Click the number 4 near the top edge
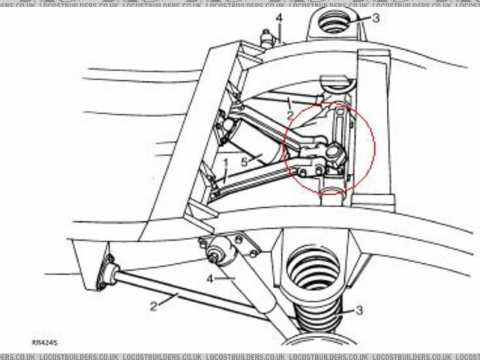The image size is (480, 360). click(x=278, y=17)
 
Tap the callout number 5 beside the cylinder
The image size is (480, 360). click(x=244, y=161)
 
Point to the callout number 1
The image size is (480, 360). click(x=225, y=162)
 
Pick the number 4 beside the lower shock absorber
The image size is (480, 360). click(x=211, y=279)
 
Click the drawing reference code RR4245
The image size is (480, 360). click(x=45, y=343)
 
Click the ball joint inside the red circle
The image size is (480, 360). click(x=334, y=156)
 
